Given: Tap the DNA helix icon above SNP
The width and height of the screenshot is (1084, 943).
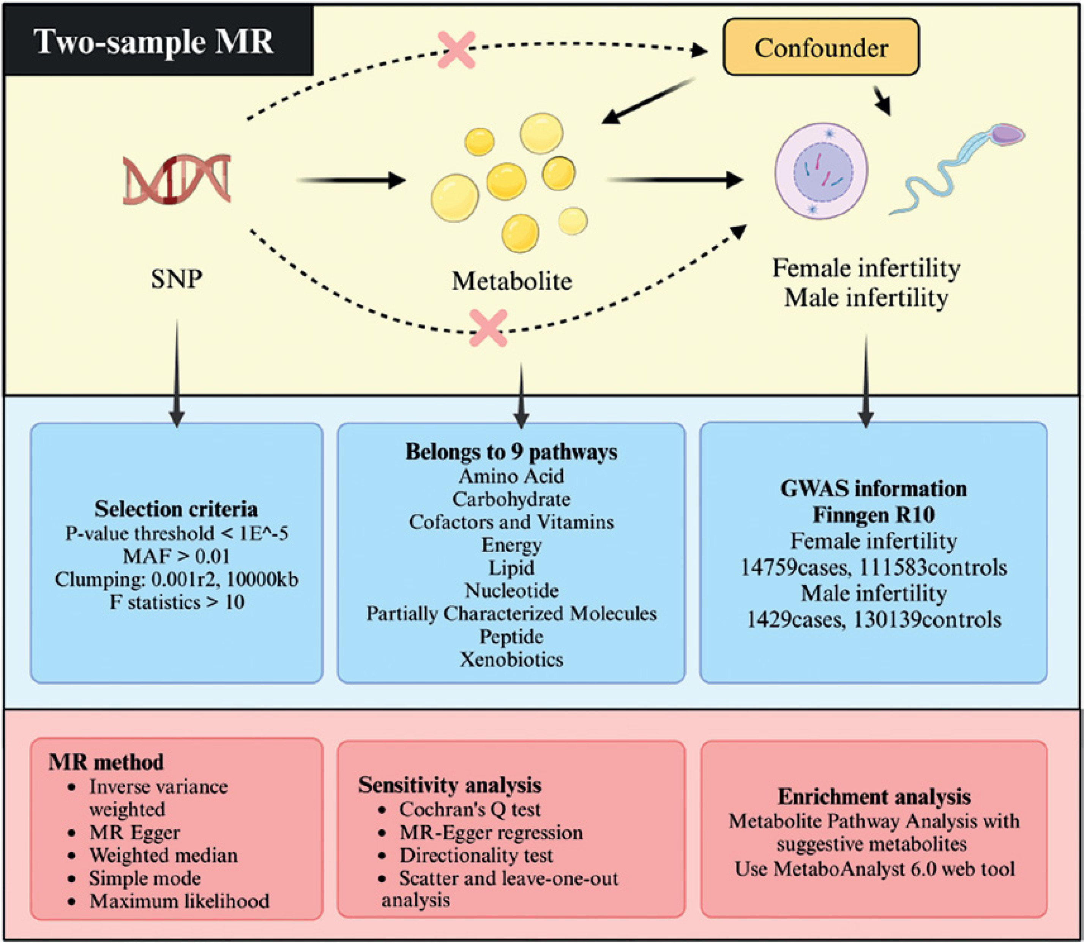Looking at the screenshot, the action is (x=177, y=179).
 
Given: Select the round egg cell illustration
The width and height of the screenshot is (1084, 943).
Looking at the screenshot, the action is (x=821, y=171).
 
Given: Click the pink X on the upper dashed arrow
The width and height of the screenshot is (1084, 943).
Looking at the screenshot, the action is (x=456, y=50).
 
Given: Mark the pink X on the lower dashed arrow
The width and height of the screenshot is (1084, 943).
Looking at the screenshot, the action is (x=489, y=328).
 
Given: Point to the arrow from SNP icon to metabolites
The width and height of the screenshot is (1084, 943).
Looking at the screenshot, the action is (x=351, y=180).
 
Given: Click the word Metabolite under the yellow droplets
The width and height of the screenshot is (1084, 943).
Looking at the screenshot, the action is (x=512, y=281).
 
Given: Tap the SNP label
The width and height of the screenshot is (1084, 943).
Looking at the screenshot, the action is (x=177, y=279).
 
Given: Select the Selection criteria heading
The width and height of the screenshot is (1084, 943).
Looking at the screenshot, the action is (x=176, y=509).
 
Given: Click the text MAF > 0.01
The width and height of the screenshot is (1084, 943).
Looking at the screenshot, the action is (x=177, y=556).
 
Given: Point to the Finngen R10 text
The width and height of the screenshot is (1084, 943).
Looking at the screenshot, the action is (x=874, y=514).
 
